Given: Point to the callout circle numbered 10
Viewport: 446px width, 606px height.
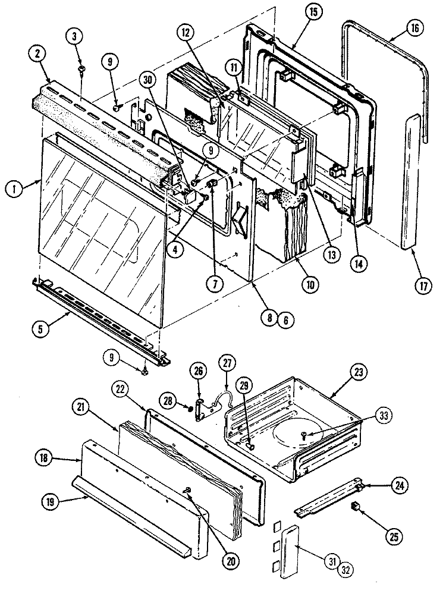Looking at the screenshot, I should pos(309,284).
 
